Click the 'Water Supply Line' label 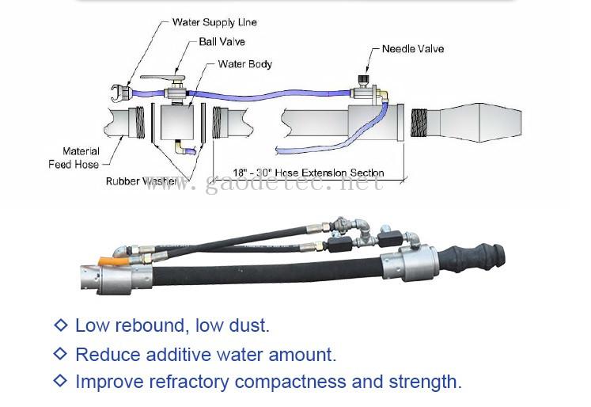(x=214, y=22)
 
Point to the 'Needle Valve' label (x=412, y=49)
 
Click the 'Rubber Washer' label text (x=142, y=181)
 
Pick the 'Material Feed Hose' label (x=81, y=158)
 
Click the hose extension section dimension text (x=309, y=173)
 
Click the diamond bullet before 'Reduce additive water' (x=60, y=354)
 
